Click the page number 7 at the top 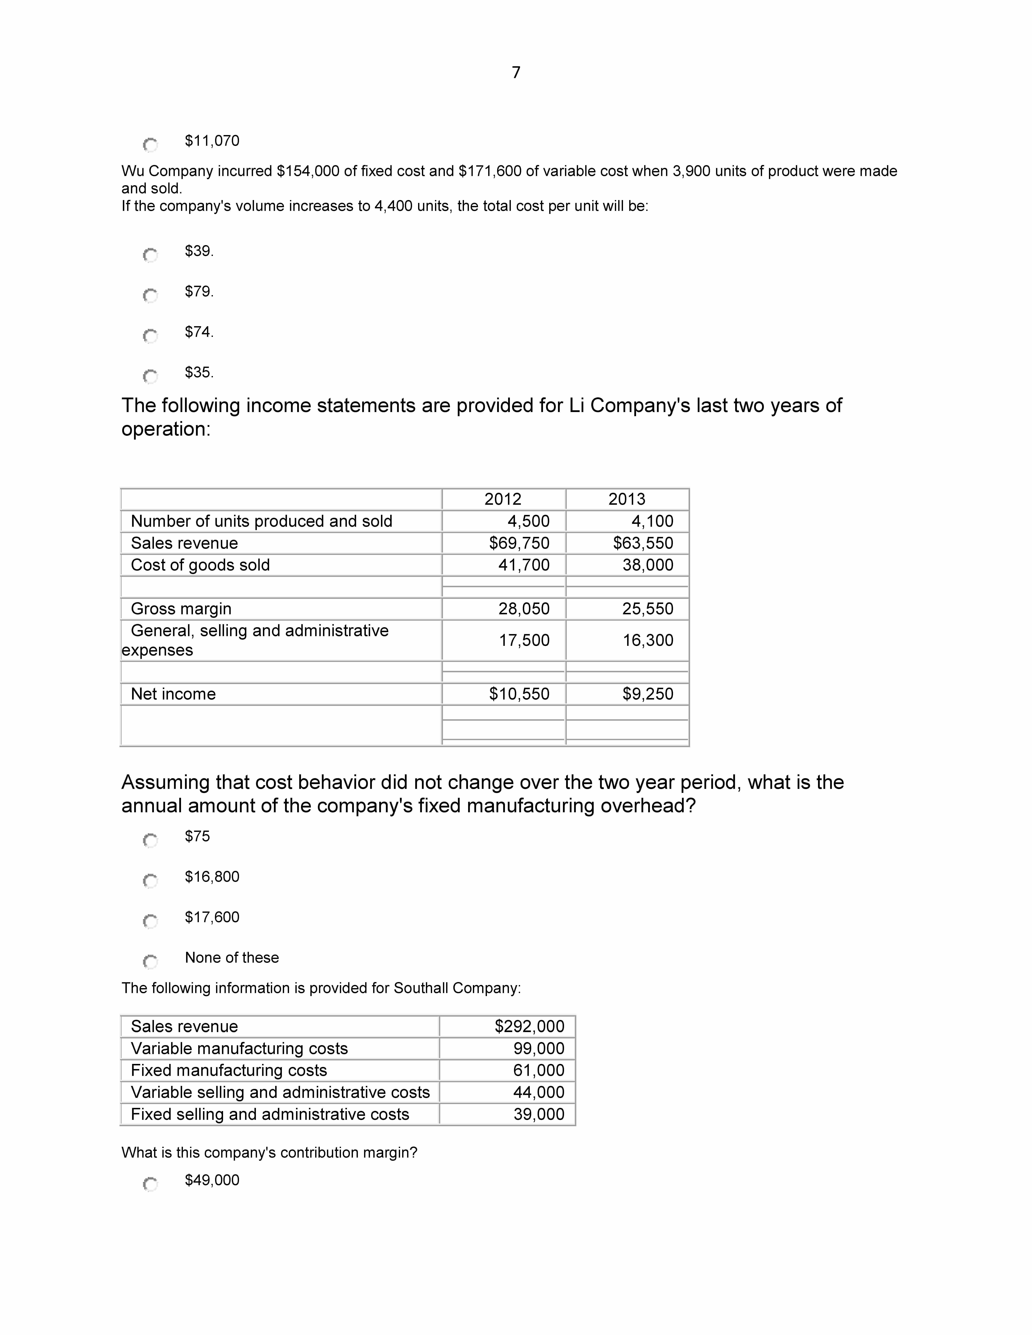516,73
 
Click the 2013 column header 627,499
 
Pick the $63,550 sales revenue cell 643,543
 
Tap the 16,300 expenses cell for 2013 648,640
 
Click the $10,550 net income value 519,694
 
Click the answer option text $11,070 212,141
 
